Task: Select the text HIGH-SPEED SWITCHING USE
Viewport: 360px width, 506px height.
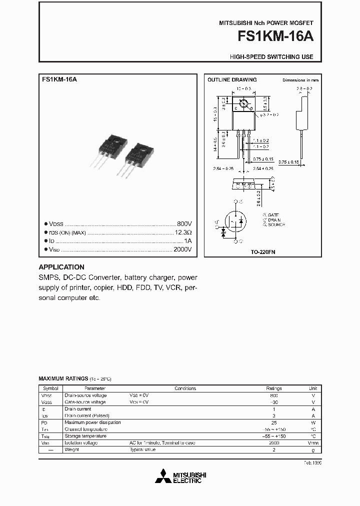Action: tap(271, 57)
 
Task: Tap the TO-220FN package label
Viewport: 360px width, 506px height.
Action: tap(263, 252)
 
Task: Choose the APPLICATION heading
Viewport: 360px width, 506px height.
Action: tap(61, 267)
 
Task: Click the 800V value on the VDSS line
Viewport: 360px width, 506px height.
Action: tap(184, 224)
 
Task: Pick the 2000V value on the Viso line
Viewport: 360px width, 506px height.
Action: tap(182, 249)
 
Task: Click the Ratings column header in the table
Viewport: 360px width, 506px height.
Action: tap(273, 388)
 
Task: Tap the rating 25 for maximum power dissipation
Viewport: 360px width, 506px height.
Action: tap(273, 422)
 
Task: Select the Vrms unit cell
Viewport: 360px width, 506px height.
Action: tap(313, 443)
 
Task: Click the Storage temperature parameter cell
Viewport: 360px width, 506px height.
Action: tap(85, 436)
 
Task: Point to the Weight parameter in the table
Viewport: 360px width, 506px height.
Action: tap(72, 450)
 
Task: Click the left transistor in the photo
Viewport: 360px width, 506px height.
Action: tap(107, 148)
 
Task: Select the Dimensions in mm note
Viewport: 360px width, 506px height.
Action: tap(300, 80)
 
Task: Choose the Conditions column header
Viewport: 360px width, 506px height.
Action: tap(185, 388)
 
